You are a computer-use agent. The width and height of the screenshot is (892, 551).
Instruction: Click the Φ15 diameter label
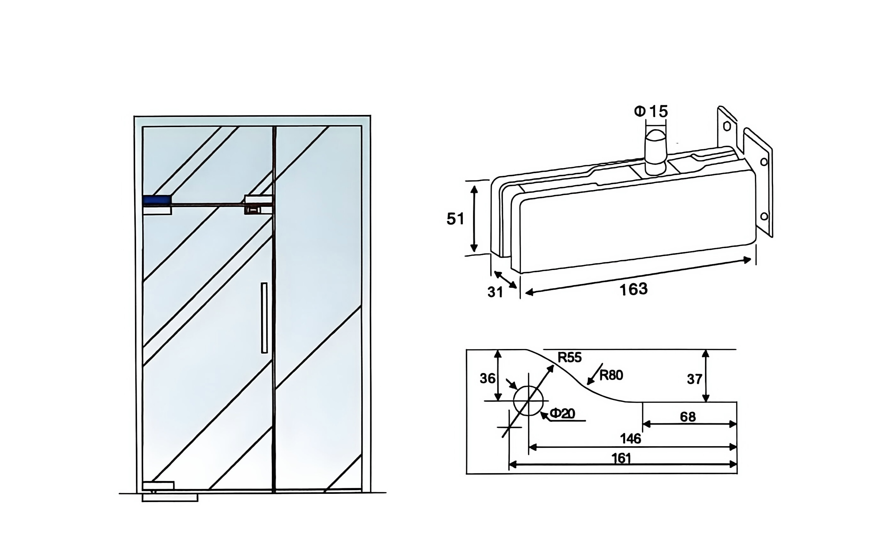pyautogui.click(x=651, y=111)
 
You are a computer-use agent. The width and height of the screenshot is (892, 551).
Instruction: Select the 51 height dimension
pyautogui.click(x=455, y=218)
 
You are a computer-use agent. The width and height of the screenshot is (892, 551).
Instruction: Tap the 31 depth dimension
pyautogui.click(x=495, y=292)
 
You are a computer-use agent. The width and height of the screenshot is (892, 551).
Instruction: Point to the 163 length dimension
pyautogui.click(x=634, y=289)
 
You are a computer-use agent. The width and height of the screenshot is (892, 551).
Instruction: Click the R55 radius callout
pyautogui.click(x=570, y=358)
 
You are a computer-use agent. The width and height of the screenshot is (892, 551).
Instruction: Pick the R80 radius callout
pyautogui.click(x=611, y=375)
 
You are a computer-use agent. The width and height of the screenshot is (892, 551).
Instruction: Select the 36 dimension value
pyautogui.click(x=487, y=379)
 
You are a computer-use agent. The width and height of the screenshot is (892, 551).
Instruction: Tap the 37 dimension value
pyautogui.click(x=694, y=380)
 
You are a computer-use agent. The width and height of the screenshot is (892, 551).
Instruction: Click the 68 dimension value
pyautogui.click(x=688, y=417)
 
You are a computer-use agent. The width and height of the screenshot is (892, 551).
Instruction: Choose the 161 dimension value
pyautogui.click(x=621, y=458)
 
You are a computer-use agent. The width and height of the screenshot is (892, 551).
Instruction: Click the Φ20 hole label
pyautogui.click(x=562, y=413)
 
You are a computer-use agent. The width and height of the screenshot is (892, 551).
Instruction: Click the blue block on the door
pyautogui.click(x=157, y=200)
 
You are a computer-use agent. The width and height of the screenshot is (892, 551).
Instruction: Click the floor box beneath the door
pyautogui.click(x=170, y=498)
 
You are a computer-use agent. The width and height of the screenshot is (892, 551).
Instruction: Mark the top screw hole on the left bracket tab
pyautogui.click(x=726, y=126)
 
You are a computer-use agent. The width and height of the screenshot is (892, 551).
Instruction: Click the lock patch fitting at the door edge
pyautogui.click(x=258, y=205)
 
